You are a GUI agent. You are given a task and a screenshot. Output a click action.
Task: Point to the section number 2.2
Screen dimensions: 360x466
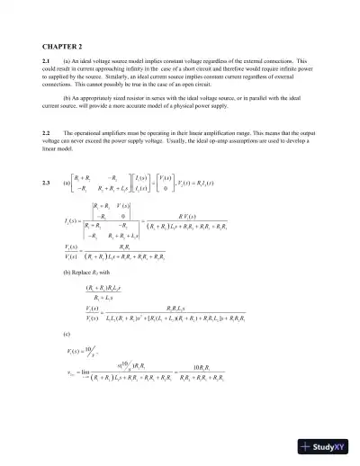(46, 131)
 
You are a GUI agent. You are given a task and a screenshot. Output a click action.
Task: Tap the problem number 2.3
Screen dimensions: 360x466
(46, 183)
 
